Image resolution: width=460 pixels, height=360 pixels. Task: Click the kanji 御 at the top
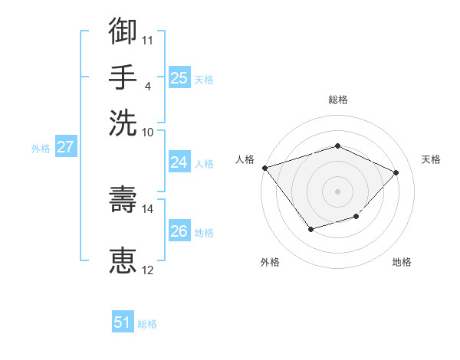pos(123,31)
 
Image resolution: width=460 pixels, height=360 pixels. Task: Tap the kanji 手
pos(123,77)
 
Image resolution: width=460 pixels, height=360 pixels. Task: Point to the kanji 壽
pos(123,199)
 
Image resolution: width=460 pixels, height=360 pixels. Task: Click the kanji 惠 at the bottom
pos(123,260)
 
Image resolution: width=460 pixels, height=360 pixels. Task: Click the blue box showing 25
pos(179,77)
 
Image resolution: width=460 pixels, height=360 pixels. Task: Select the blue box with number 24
pos(179,162)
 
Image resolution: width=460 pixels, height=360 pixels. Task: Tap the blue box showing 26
pos(179,231)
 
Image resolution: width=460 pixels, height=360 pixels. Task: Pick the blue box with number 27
pos(65,147)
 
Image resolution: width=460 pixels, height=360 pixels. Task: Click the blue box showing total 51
pos(123,323)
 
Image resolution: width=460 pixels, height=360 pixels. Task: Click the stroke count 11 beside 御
pos(148,40)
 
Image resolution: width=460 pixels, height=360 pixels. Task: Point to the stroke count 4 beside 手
pos(147,86)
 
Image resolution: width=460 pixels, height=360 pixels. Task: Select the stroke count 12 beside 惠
pos(148,270)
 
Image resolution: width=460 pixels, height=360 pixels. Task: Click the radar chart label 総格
pos(337,100)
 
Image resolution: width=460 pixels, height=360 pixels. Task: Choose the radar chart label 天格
pos(431,159)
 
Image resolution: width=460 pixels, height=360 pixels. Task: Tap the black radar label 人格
pos(245,159)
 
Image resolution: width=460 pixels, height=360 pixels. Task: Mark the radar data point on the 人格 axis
pos(264,168)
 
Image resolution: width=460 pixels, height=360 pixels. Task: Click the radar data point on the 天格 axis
pos(396,172)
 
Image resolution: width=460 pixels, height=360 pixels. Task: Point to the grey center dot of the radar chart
pos(337,191)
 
